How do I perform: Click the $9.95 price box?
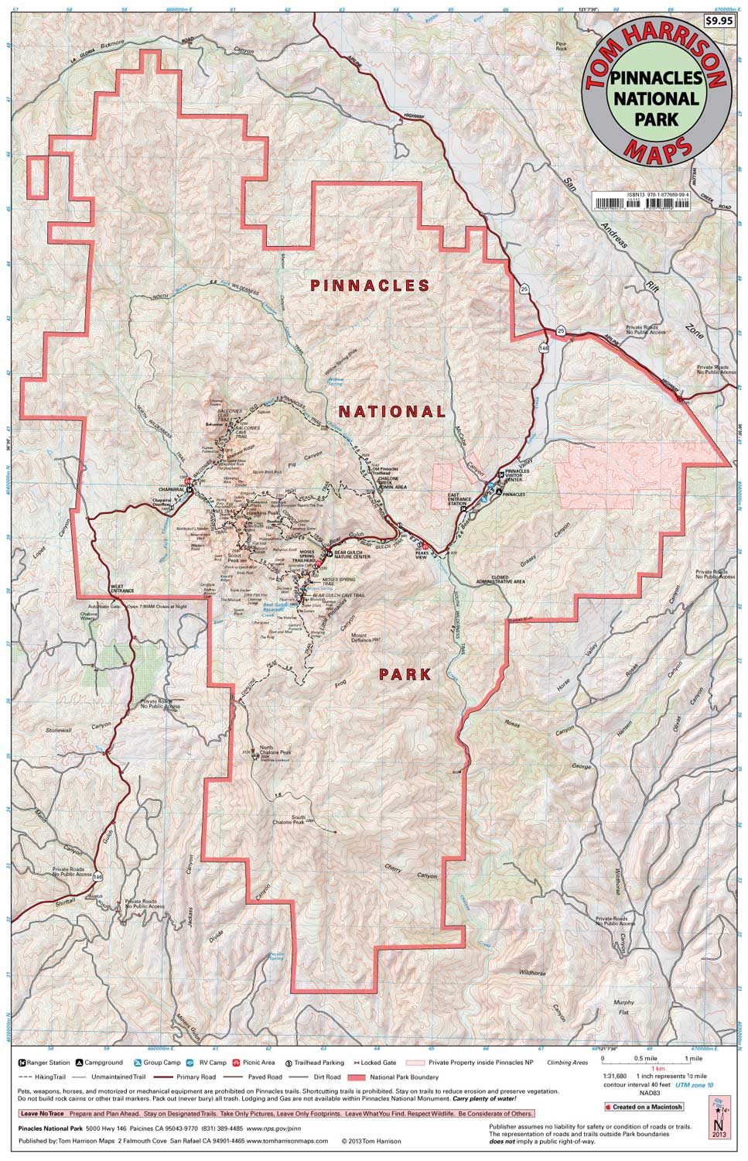pos(719,22)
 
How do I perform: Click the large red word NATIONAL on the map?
pos(391,411)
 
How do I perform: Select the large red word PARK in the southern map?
pos(405,674)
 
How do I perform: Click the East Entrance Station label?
pos(459,500)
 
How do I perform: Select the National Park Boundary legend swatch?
pos(357,1077)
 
